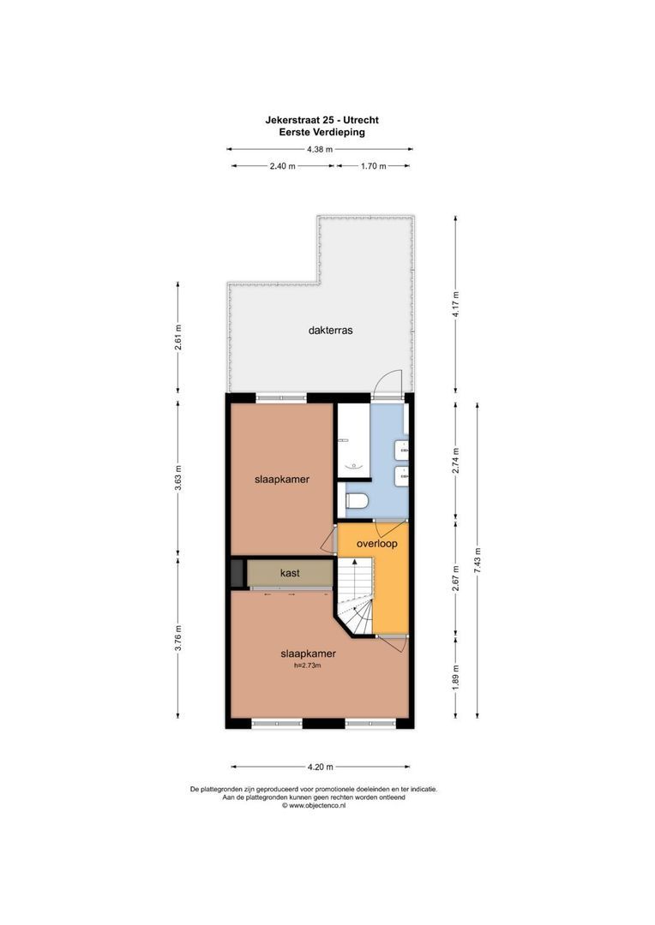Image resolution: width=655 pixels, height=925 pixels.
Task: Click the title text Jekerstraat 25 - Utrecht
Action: tap(321, 120)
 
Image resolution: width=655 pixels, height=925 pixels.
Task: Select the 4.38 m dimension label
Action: tap(320, 149)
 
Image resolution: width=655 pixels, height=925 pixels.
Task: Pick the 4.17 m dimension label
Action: tap(456, 300)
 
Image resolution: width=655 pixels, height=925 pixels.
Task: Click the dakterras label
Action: tap(331, 330)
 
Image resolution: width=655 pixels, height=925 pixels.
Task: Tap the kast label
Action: tap(290, 573)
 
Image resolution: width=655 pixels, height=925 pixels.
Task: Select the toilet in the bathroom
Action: tap(355, 500)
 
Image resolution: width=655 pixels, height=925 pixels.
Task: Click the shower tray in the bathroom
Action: tap(352, 441)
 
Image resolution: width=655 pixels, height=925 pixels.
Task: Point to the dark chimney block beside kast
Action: tap(237, 573)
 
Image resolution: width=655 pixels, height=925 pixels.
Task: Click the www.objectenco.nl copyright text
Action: tap(314, 805)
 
